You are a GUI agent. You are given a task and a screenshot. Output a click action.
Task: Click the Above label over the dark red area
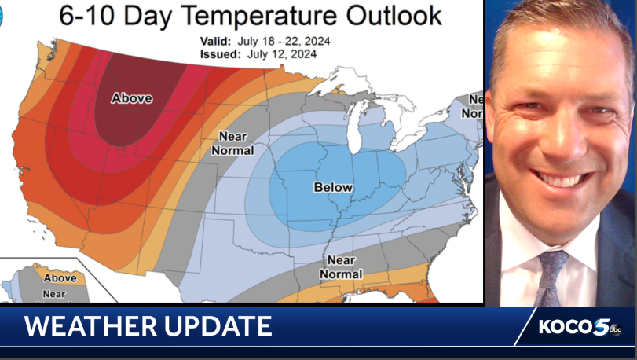[131, 98]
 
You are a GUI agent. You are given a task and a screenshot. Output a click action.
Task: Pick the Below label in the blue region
[333, 187]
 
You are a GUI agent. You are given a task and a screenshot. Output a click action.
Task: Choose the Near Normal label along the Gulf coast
[341, 267]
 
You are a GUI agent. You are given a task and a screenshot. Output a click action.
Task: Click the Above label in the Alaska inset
[60, 277]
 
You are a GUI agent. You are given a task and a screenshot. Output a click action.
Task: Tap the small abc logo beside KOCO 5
[616, 330]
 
